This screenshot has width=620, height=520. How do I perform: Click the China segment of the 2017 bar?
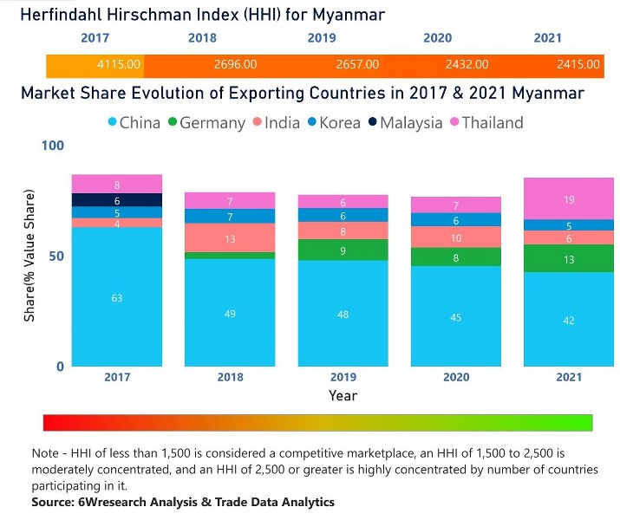tap(116, 297)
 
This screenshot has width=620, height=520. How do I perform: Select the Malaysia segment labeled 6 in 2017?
tap(116, 200)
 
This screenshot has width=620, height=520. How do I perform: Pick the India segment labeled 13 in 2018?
tap(230, 238)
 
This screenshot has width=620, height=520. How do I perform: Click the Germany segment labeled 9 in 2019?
tap(343, 250)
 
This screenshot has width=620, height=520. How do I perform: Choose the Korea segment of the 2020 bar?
tap(456, 220)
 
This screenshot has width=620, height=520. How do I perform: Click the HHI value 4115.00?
tap(118, 64)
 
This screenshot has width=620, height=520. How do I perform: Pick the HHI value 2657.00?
tap(357, 64)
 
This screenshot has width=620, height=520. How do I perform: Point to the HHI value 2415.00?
tap(578, 64)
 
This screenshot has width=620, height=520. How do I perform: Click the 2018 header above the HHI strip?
tap(202, 38)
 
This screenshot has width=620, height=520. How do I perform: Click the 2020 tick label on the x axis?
tap(456, 377)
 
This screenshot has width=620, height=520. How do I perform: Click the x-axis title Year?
tap(343, 395)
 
